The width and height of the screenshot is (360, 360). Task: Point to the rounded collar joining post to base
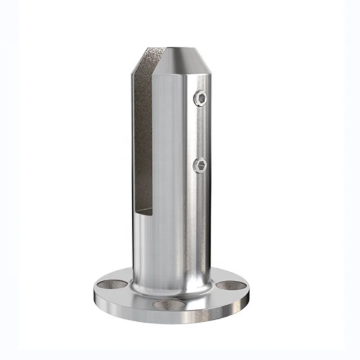171,288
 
